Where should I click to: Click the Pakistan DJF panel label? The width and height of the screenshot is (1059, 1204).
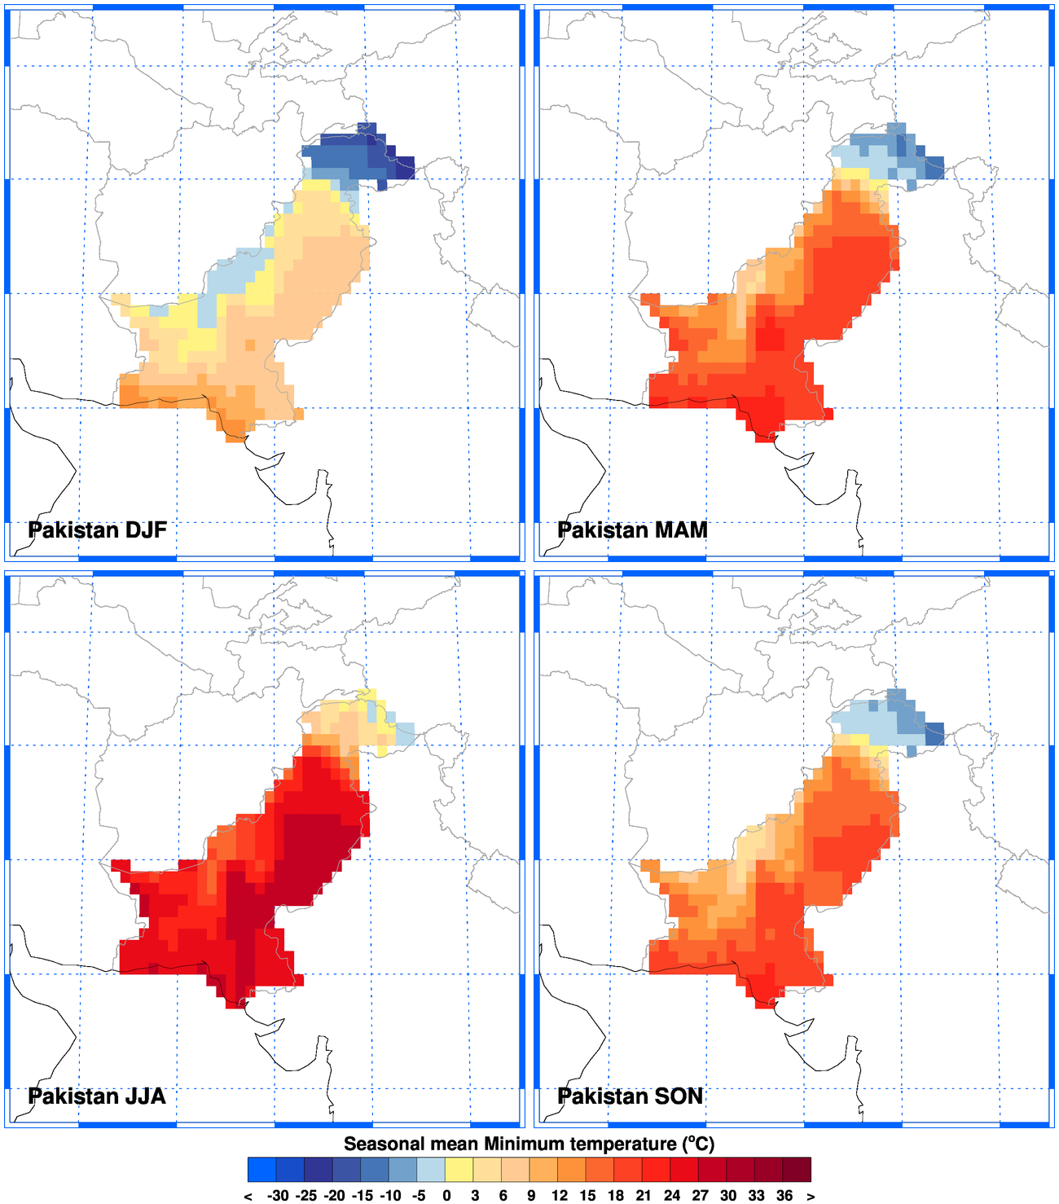[97, 530]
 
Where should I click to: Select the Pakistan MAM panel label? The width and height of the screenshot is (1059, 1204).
[632, 530]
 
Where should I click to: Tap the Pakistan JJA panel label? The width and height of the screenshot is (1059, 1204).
[97, 1096]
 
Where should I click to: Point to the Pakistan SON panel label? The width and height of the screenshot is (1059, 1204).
[631, 1096]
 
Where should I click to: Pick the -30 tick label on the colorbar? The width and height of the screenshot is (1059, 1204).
[278, 1196]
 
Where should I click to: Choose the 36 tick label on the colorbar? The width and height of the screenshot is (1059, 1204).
[784, 1196]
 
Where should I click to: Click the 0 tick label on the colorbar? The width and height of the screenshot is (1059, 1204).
[446, 1196]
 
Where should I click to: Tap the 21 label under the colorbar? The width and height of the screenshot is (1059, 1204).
[644, 1196]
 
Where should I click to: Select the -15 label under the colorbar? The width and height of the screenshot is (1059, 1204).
[363, 1196]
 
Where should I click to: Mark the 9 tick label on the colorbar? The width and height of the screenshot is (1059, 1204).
[531, 1196]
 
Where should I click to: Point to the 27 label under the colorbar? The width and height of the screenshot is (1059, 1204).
[700, 1196]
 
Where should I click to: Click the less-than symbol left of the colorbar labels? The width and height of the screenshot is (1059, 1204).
[248, 1197]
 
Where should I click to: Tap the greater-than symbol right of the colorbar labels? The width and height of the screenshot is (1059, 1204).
[811, 1197]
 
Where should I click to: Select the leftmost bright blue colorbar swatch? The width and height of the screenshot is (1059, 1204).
[261, 1169]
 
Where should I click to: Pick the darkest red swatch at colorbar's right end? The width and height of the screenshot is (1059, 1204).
[798, 1169]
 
